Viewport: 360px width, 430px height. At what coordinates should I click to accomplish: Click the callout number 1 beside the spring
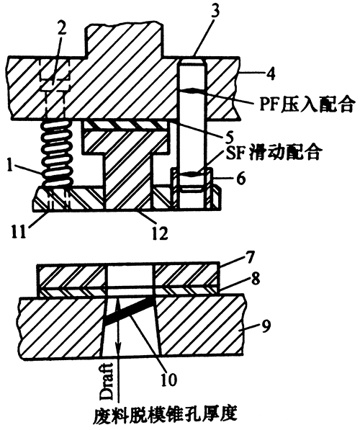point(10,166)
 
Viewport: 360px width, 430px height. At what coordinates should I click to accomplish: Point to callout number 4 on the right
point(270,73)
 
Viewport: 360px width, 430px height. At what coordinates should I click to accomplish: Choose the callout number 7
point(247,259)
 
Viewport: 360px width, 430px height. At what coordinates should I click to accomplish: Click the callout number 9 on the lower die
point(266,326)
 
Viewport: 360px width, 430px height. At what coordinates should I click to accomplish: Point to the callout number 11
point(19,231)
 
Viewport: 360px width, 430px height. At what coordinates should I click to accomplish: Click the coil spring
point(57,154)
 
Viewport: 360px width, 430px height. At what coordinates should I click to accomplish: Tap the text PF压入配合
point(307,104)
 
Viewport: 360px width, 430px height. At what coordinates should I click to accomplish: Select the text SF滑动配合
point(274,153)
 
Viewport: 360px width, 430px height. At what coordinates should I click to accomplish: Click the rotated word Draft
point(106,382)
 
